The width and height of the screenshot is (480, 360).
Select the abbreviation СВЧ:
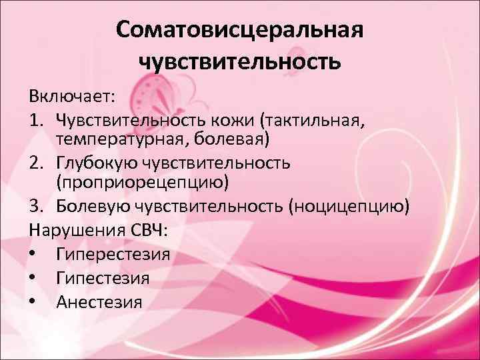coord(153,231)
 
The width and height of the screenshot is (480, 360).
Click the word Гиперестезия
coord(113,254)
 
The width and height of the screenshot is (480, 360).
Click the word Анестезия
coord(99,301)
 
